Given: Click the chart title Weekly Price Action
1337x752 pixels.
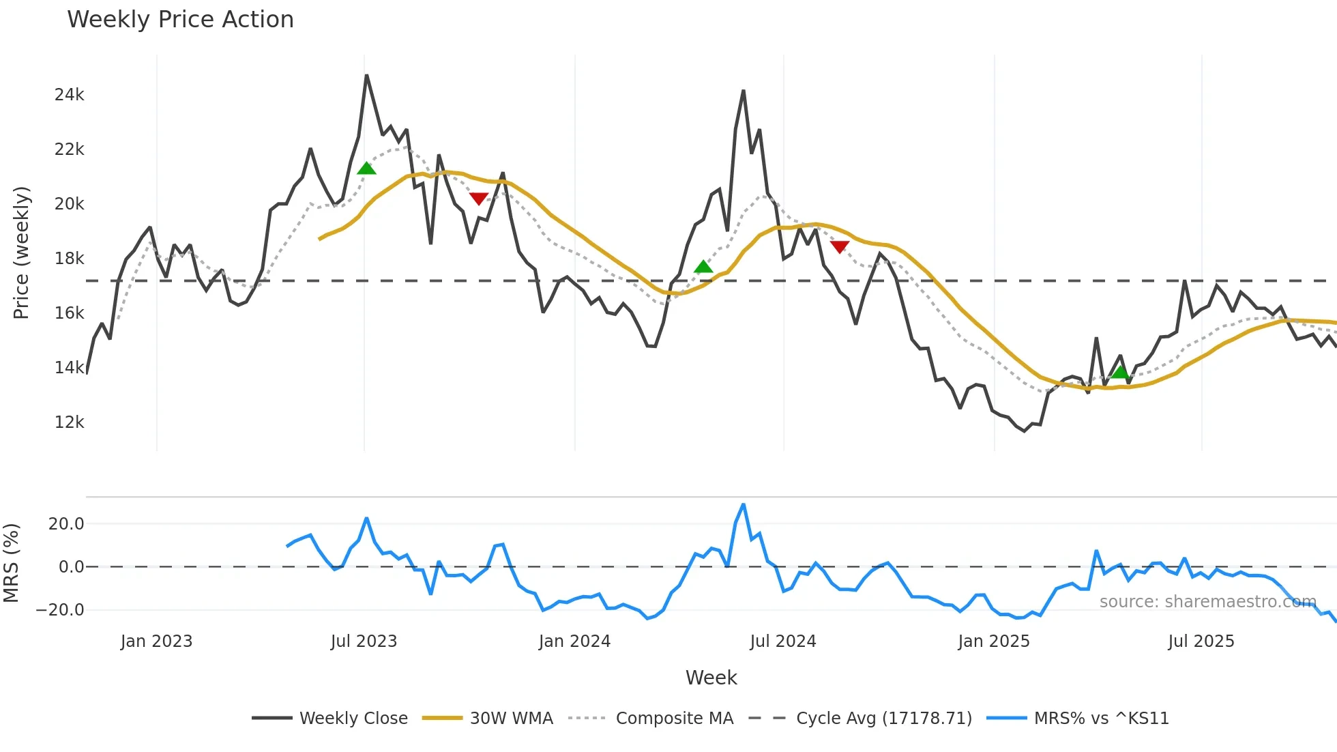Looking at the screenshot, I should click(x=180, y=20).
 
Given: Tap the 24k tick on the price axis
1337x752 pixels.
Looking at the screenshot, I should click(x=69, y=95).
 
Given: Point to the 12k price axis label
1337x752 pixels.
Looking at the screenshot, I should click(x=69, y=422).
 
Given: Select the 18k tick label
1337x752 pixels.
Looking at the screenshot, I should click(x=69, y=259).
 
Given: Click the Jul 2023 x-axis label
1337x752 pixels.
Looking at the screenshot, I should click(x=364, y=641).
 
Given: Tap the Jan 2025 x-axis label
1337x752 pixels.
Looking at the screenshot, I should click(x=993, y=641).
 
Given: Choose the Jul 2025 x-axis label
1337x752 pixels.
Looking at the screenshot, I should click(x=1201, y=641).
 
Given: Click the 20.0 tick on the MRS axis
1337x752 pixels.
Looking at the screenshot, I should click(x=66, y=524).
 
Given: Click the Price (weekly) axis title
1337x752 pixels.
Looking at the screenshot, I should click(x=21, y=252).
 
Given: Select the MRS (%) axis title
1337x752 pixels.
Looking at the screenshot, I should click(x=11, y=563).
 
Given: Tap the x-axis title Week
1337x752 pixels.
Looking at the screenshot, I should click(x=711, y=678).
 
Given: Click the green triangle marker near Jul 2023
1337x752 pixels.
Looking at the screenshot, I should click(x=366, y=169).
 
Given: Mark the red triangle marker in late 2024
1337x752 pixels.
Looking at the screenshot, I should click(x=840, y=246).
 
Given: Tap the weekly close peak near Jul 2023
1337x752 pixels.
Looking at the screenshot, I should click(x=366, y=76).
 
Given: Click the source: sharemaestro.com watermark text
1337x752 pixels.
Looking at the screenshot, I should click(x=1207, y=602).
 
